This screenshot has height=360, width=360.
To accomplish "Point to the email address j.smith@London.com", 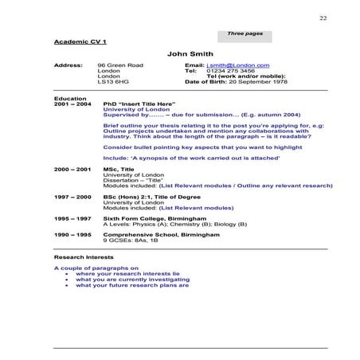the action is (x=237, y=65).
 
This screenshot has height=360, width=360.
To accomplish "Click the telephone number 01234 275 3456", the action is (x=231, y=70).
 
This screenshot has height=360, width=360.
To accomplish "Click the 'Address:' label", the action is (x=67, y=65).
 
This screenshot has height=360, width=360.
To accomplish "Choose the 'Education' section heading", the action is (x=68, y=99).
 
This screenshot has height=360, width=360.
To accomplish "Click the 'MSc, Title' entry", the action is (x=121, y=170).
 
